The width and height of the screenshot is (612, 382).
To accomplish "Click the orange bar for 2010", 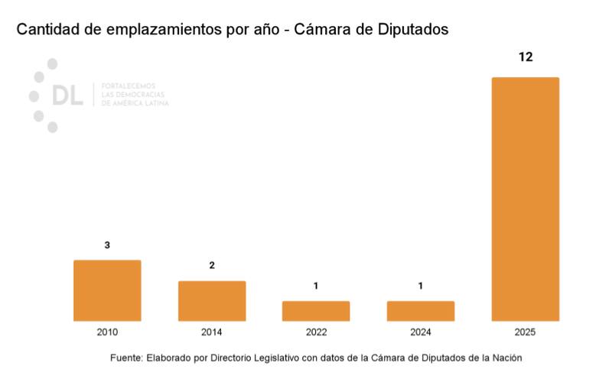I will [x=107, y=290].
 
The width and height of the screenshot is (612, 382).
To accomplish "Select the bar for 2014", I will [x=212, y=301].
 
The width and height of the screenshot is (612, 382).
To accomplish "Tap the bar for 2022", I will [x=316, y=311].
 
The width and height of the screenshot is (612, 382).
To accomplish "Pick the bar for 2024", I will [x=421, y=311].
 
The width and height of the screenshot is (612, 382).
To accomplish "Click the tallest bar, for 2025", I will [x=525, y=199].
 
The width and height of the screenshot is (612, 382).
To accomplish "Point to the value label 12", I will [x=525, y=57].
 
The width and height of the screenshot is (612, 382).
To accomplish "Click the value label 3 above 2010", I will [x=107, y=245].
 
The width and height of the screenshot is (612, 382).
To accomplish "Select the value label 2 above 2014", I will [x=212, y=266].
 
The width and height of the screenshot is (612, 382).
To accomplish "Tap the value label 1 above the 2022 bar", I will [x=316, y=286].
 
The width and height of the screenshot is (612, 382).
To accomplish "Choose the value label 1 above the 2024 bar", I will [x=421, y=286].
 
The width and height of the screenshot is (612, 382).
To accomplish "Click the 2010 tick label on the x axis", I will [x=107, y=333].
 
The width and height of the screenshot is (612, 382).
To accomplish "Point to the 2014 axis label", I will [x=212, y=333].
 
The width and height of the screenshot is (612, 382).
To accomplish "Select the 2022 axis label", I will [x=316, y=333].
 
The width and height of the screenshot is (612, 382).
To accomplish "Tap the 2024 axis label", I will [x=421, y=333].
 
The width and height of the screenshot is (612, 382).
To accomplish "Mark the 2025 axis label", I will [x=525, y=333].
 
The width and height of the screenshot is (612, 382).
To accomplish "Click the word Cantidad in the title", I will [x=47, y=30].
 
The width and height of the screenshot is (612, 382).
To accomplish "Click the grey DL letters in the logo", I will [x=67, y=95].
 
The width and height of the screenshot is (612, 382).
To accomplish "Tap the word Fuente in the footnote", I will [x=126, y=358].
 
